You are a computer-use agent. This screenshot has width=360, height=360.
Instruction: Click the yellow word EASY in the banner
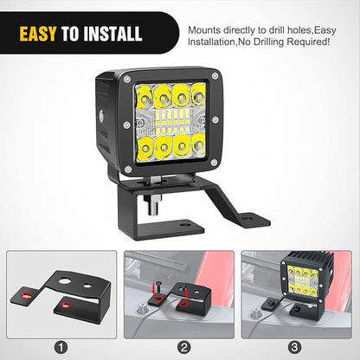click(x=38, y=34)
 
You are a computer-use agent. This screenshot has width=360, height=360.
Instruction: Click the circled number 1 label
click(x=61, y=347)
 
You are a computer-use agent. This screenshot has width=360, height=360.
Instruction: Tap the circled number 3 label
click(x=294, y=347)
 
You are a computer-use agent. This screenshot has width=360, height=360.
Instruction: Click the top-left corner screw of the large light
click(x=126, y=79)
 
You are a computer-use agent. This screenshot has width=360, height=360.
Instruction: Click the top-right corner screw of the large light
click(x=215, y=76)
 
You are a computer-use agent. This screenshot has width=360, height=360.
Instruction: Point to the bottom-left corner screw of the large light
click(x=128, y=170)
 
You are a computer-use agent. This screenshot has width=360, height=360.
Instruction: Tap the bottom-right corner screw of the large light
click(x=214, y=163)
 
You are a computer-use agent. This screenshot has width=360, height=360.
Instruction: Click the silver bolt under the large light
click(x=153, y=204)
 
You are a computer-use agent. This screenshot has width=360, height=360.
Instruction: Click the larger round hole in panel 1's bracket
click(x=66, y=281)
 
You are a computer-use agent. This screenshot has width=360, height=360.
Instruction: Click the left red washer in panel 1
click(x=28, y=295)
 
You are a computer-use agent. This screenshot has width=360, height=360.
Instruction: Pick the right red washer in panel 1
click(x=67, y=305)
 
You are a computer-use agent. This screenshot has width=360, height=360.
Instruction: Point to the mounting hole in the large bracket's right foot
click(x=249, y=216)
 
